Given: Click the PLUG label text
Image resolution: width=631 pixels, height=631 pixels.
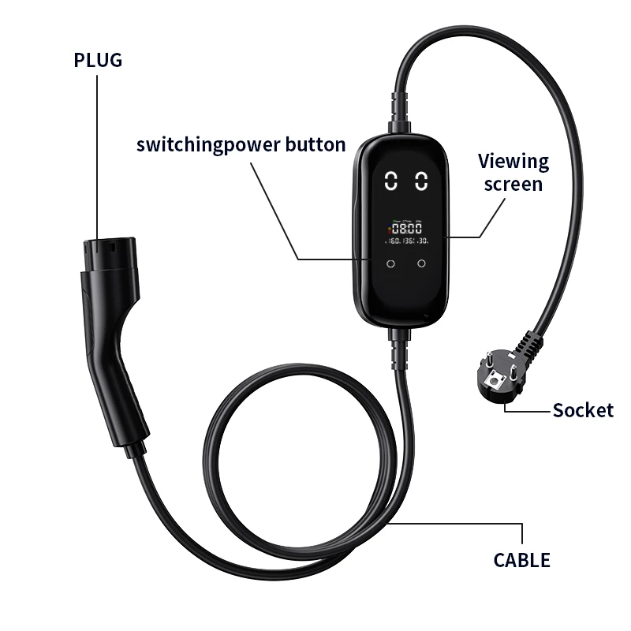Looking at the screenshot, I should (98, 60).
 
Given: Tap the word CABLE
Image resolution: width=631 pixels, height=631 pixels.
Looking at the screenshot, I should (521, 560).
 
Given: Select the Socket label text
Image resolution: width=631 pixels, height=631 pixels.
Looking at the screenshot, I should (582, 410).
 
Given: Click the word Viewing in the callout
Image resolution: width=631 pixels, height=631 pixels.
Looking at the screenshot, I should (513, 162).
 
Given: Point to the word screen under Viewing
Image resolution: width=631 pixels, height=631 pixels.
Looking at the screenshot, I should (513, 184).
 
